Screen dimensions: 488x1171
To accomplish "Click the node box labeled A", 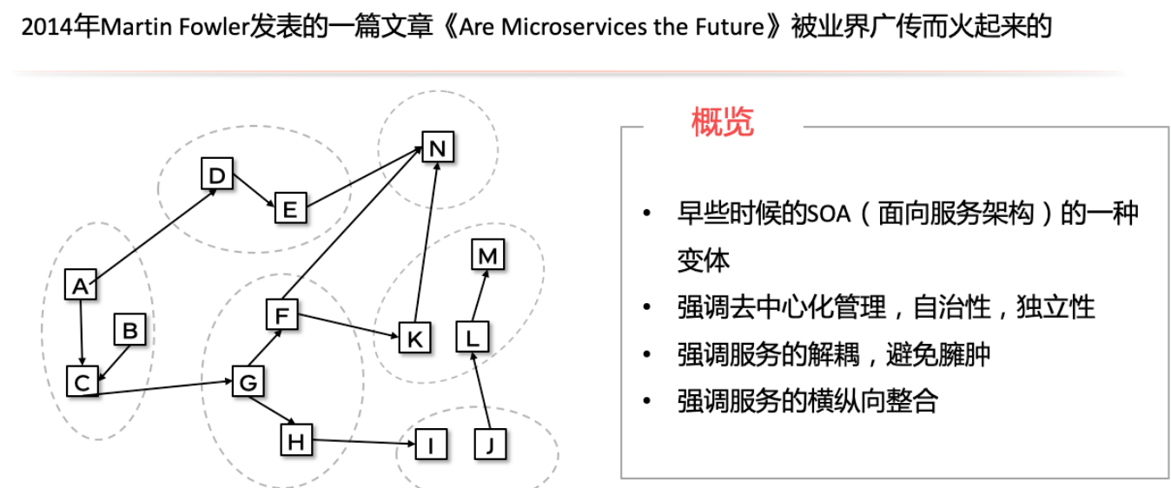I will coord(81,285).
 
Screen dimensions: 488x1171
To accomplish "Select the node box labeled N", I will coord(437,148).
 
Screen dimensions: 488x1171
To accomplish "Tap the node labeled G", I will coord(248,382).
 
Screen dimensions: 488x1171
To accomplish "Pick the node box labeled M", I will coord(487,255).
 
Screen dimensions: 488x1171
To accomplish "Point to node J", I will coord(491,445).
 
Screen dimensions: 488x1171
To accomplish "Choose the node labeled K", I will coord(414,338).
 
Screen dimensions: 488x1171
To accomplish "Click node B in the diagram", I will coord(129,330).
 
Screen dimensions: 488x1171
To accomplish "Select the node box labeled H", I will coord(296,441).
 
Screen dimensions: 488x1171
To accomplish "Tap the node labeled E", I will coord(290,208).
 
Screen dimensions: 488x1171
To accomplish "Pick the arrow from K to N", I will coord(426,242).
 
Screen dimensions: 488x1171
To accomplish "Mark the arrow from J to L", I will coord(481,391).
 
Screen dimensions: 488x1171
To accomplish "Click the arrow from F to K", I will coord(347,326).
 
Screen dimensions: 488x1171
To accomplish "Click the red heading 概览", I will coord(722,122).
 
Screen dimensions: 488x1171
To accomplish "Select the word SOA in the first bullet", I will coord(827,214).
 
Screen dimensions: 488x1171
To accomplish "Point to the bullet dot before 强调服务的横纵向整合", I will coord(645,401).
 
